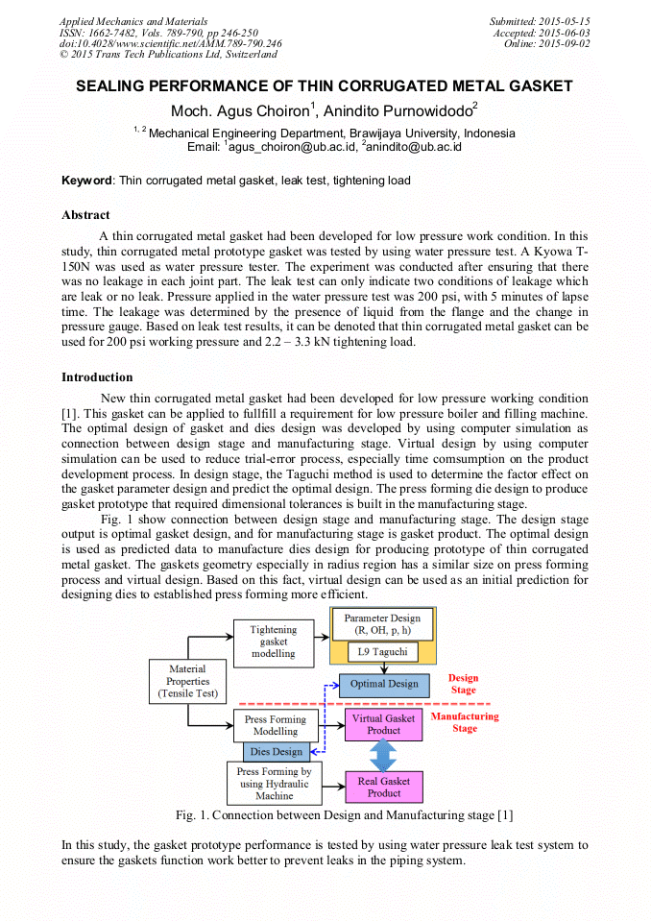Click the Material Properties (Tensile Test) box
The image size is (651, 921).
point(187,681)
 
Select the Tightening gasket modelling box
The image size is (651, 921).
point(274,642)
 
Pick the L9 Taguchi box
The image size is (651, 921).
point(382,652)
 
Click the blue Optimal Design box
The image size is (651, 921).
point(383,684)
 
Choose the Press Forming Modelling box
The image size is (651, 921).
point(275,725)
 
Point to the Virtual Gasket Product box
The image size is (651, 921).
point(383,724)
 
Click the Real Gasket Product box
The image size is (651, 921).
point(383,788)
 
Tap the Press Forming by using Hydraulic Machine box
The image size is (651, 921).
point(274,784)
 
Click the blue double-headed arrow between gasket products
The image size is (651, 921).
point(383,756)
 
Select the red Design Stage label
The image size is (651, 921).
point(463,684)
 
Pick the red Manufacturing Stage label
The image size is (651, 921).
point(465,722)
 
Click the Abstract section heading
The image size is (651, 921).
point(85,215)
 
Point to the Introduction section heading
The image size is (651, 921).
point(97,377)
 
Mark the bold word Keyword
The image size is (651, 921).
point(87,181)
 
